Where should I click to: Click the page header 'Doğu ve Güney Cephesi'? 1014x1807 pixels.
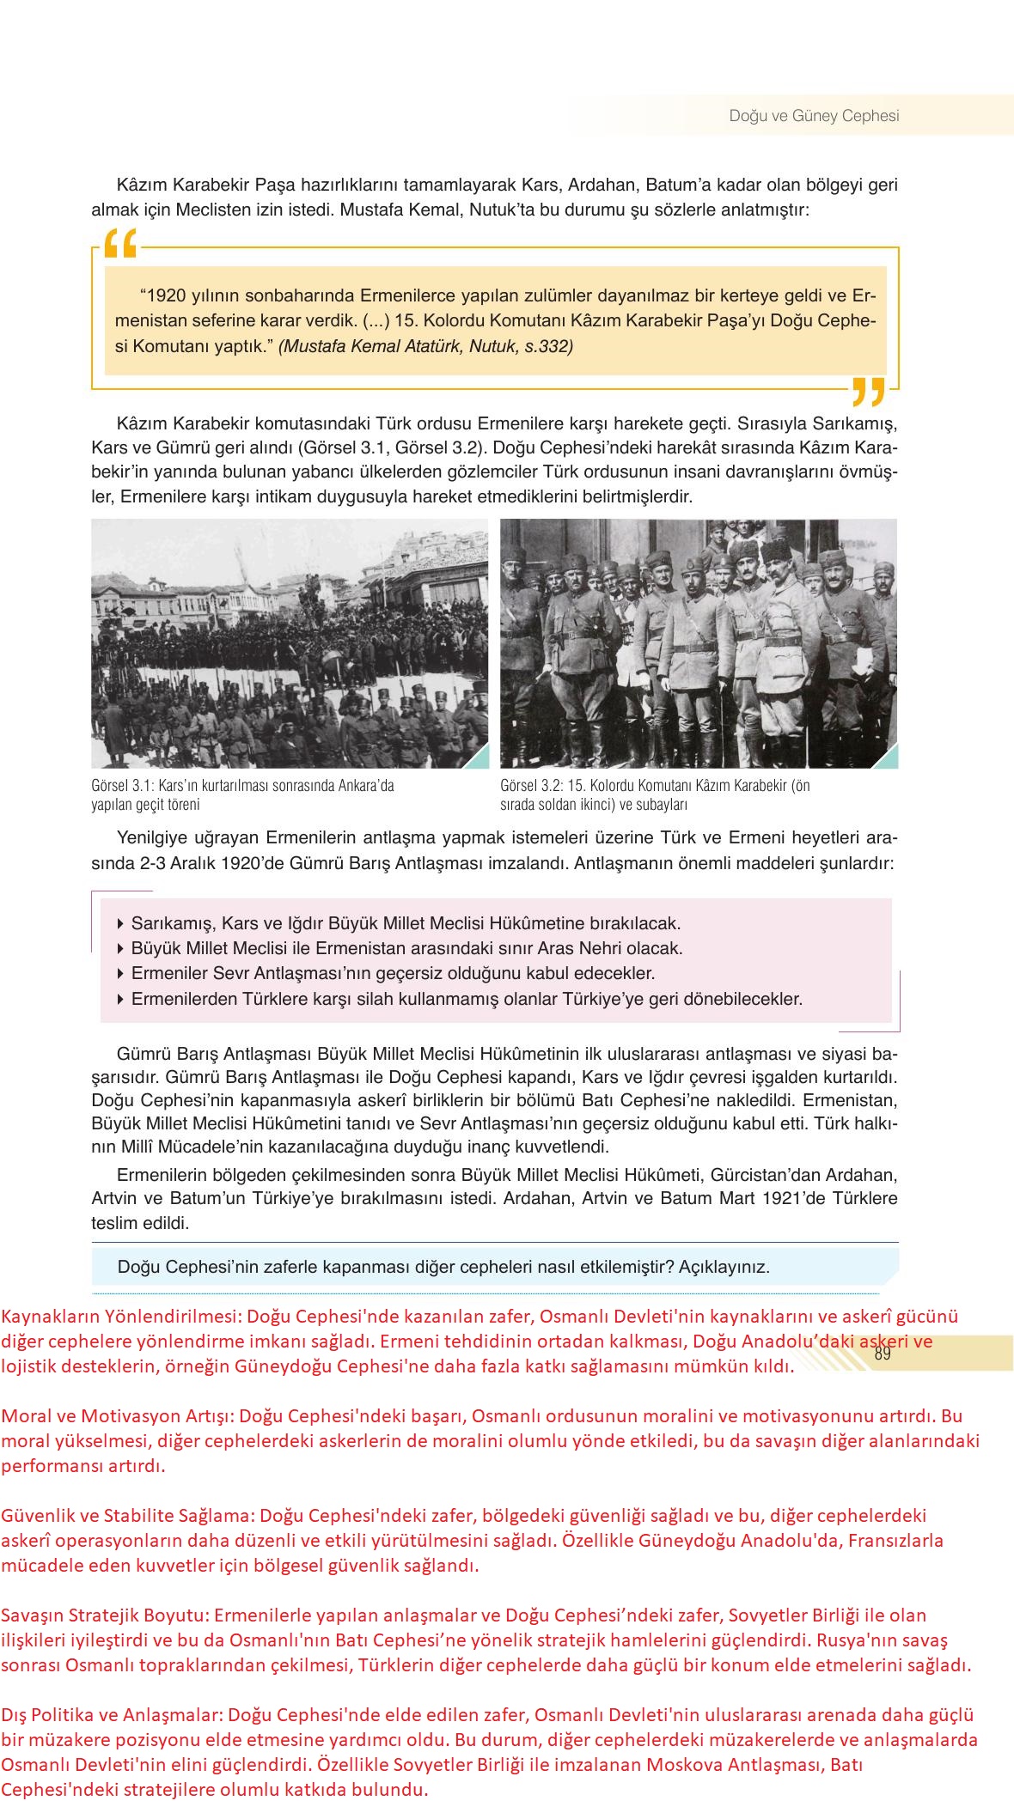tap(814, 116)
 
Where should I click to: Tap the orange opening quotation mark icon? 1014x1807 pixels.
tap(119, 244)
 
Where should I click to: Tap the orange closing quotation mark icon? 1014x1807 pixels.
tap(868, 392)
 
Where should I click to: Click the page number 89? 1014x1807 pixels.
tap(882, 1354)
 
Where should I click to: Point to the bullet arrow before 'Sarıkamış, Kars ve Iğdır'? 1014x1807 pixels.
tap(119, 925)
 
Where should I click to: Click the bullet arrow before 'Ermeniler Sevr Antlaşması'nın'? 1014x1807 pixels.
tap(119, 975)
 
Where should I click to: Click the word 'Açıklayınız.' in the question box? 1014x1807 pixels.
tap(724, 1267)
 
